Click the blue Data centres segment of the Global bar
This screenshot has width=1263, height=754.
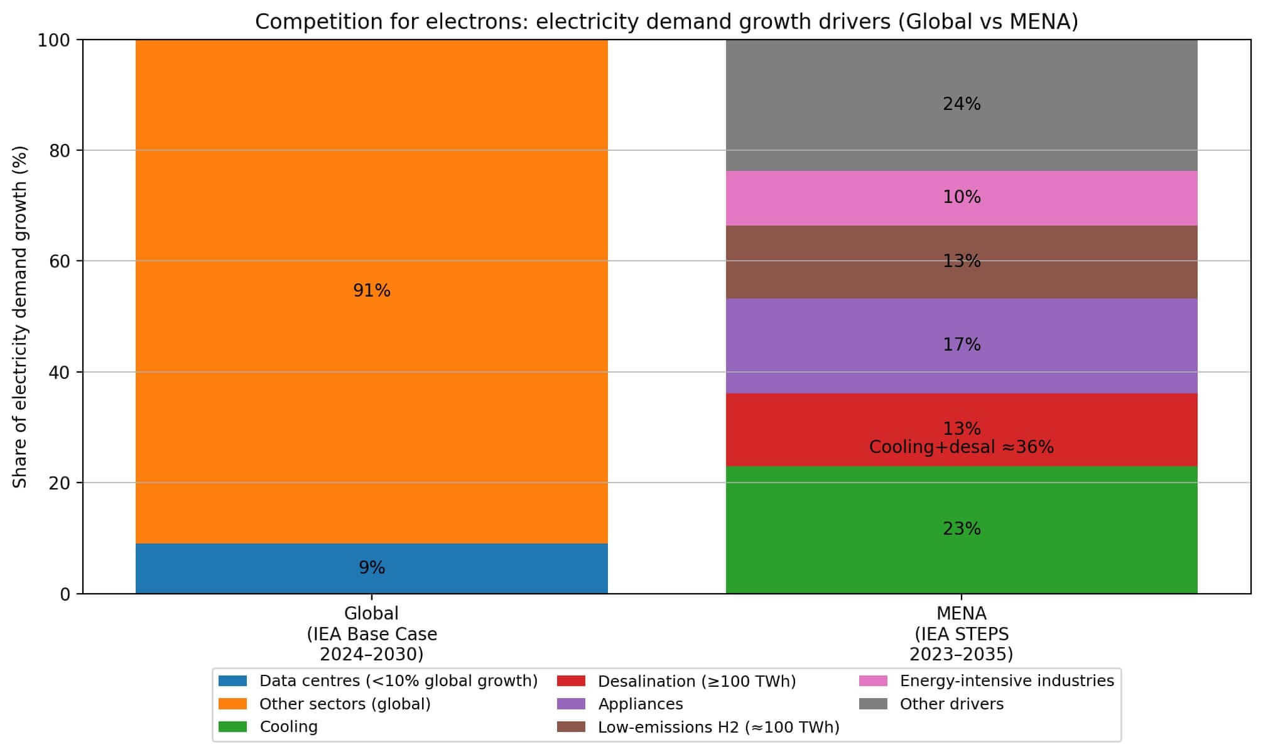251,569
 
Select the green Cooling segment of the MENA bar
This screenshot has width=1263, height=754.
816,534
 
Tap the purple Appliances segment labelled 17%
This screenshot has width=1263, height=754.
816,346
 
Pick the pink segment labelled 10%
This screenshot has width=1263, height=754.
816,198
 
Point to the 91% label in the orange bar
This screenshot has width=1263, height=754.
371,291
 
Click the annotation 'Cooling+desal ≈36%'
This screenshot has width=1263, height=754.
961,447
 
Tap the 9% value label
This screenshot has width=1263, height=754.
371,568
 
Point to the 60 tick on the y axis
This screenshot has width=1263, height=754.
60,261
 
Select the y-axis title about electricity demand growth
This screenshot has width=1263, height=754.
20,317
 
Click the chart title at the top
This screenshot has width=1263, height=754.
666,21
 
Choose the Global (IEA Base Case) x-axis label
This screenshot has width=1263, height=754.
371,634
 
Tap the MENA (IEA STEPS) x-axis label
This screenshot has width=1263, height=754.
961,634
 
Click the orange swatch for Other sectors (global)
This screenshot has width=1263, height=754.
232,704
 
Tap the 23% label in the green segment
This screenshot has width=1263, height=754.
961,529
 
